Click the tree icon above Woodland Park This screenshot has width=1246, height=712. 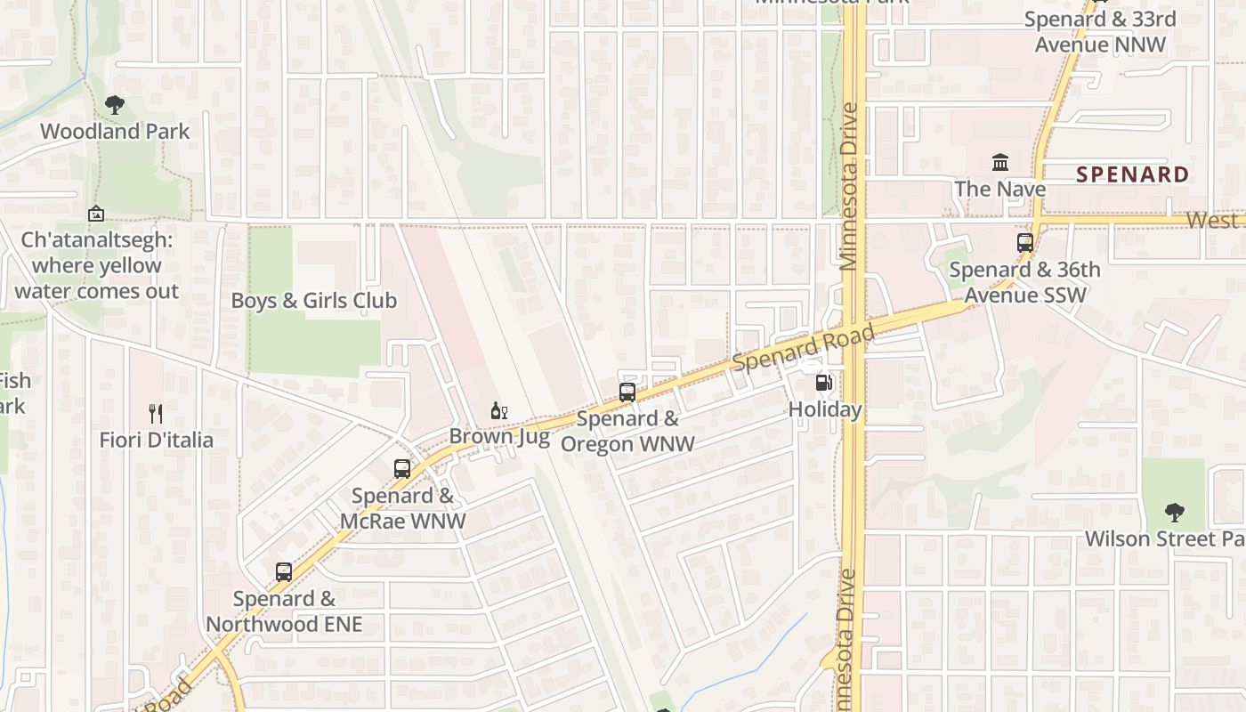click(x=114, y=105)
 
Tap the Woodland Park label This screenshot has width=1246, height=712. click(x=115, y=132)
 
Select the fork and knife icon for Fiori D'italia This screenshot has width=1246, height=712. click(x=156, y=413)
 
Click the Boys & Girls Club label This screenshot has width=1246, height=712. click(x=313, y=301)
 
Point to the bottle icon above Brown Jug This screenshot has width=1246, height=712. click(x=498, y=410)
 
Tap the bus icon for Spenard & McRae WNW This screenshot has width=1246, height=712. click(x=402, y=469)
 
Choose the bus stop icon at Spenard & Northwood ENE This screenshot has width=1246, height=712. click(x=284, y=572)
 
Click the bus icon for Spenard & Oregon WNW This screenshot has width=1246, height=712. click(x=627, y=392)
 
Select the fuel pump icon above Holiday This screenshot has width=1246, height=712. click(x=825, y=384)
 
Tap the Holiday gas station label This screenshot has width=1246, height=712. click(x=825, y=410)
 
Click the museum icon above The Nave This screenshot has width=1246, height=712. click(x=1000, y=163)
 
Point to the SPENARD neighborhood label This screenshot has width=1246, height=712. click(x=1132, y=174)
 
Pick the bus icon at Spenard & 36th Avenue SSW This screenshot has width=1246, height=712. click(x=1025, y=242)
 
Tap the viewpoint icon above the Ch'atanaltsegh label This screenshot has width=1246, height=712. click(x=96, y=214)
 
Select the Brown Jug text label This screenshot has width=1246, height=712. click(x=498, y=436)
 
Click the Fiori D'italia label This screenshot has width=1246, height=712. click(x=156, y=440)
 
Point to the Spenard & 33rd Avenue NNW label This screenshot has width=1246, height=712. click(x=1099, y=32)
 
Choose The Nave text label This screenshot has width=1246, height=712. click(x=1000, y=189)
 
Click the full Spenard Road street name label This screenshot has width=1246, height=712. click(x=803, y=348)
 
